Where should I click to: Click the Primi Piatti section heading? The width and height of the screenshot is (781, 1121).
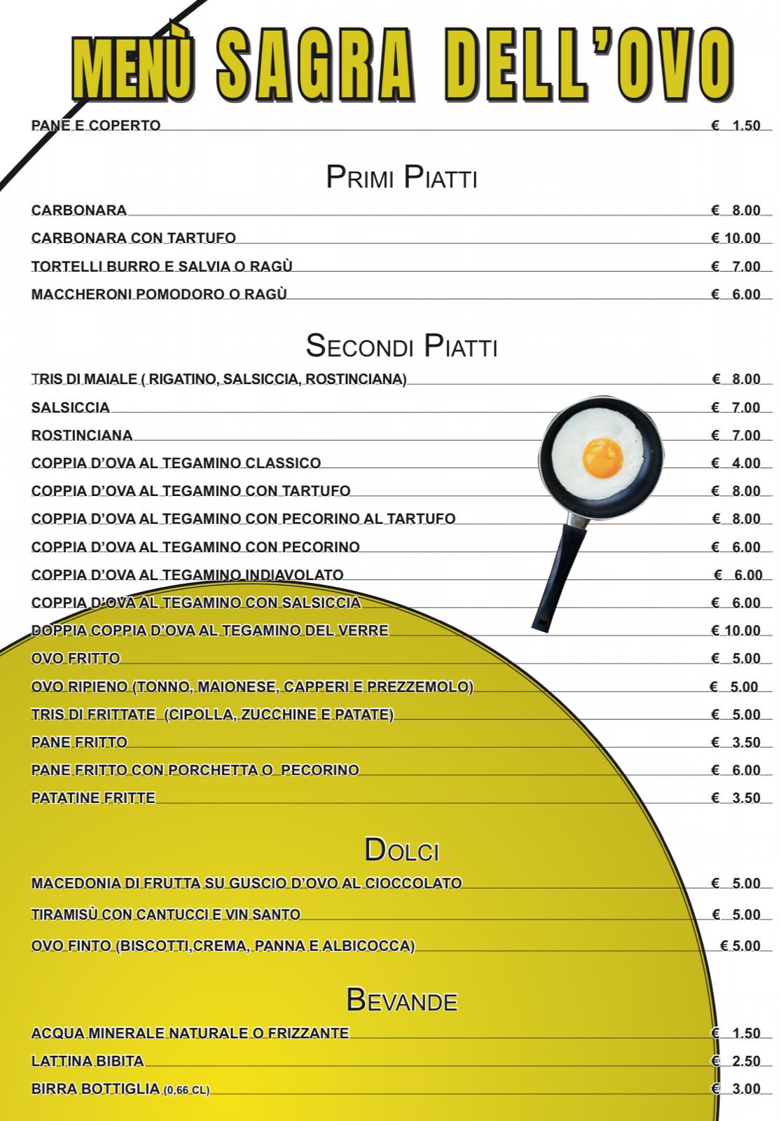point(401,178)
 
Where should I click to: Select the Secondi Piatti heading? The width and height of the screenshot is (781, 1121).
point(401,346)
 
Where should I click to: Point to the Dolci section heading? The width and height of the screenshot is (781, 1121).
point(401,851)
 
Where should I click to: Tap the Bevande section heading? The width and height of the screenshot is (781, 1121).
point(401,1000)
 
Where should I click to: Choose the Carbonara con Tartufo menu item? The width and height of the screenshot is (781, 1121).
point(133,238)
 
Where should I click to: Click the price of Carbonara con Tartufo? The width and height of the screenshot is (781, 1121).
point(735,238)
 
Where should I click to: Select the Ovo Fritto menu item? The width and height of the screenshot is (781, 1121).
point(76,659)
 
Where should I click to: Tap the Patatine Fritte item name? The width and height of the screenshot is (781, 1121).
point(93,798)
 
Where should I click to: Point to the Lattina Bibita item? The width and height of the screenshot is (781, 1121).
point(88,1061)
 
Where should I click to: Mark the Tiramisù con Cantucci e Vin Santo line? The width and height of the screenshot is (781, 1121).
point(166,914)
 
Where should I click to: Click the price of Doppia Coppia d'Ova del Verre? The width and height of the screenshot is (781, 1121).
point(735,631)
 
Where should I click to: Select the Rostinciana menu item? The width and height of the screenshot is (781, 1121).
point(82,436)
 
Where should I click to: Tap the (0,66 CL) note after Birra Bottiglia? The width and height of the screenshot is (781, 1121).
point(186,1090)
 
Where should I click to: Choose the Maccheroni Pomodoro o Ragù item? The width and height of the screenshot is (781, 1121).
point(159,294)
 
